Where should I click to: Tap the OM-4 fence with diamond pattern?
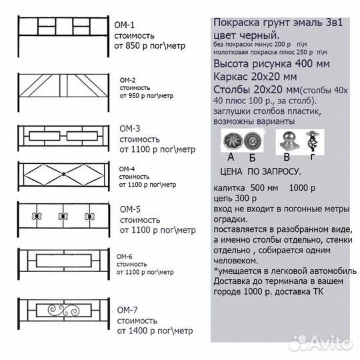pos(63,173)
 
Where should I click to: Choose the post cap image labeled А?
pos(232,141)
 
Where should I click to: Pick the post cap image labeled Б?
pos(253,141)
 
